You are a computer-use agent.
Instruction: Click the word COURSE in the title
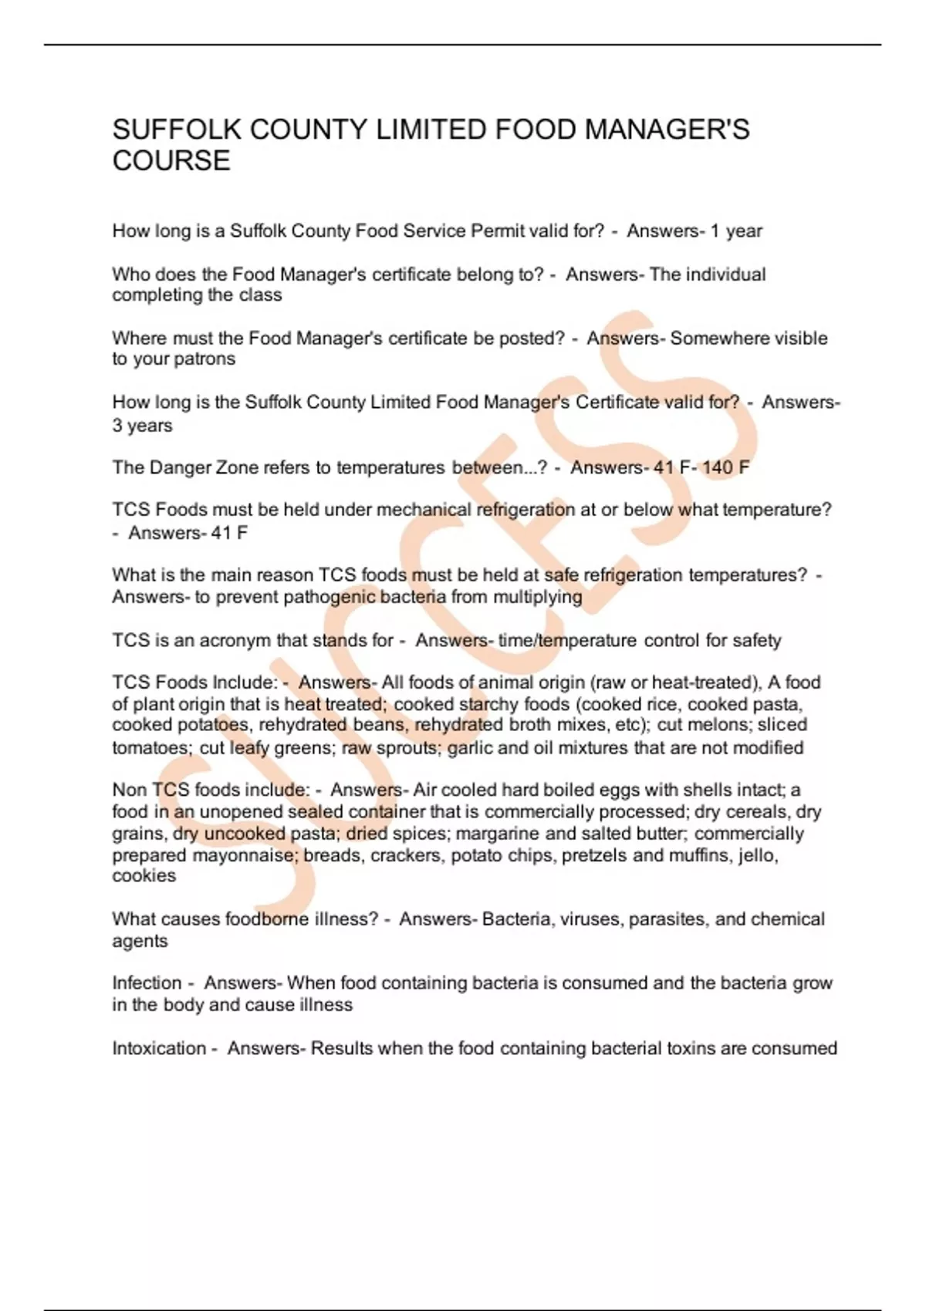[171, 161]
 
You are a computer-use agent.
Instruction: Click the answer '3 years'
[142, 426]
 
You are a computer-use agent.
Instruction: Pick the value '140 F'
[725, 467]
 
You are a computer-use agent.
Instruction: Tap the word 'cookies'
[144, 876]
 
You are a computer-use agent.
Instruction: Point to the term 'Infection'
[147, 983]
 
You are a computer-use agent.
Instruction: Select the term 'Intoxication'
[159, 1049]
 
